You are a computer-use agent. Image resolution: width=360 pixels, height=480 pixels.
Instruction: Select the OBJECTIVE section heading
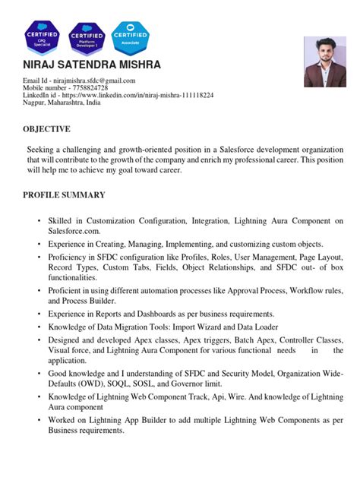46,129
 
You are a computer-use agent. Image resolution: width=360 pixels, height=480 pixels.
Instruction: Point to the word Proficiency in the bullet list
74,258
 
